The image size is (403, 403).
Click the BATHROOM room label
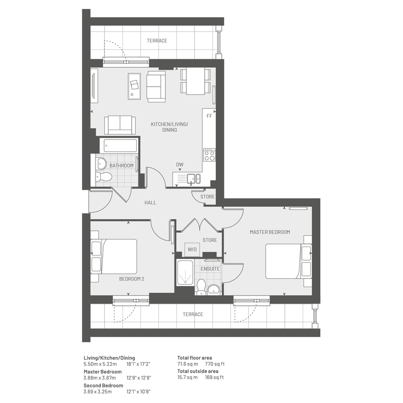point(122,165)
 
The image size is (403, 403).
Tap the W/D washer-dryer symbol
point(192,249)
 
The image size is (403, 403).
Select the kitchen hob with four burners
point(209,155)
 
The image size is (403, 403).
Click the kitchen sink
point(194,179)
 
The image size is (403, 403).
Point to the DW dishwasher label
point(180,165)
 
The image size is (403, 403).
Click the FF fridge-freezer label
point(209,116)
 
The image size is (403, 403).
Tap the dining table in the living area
point(195,81)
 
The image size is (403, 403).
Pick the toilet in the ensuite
point(201,287)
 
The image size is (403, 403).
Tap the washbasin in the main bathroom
point(101,163)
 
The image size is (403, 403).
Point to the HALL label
point(150,203)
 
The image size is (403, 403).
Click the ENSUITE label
point(210,269)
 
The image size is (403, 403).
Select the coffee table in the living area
point(134,86)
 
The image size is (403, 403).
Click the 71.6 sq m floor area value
point(188,364)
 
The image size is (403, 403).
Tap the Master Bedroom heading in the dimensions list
point(102,371)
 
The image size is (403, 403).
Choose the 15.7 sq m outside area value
point(187,377)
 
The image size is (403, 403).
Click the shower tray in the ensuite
point(185,273)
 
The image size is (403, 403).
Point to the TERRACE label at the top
point(157,41)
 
